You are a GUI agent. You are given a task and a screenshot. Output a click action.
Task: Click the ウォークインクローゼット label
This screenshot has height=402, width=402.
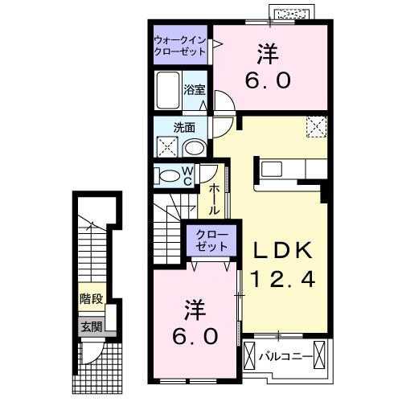coord(180,45)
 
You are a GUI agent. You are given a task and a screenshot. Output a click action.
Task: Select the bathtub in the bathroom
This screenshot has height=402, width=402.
coord(169,90)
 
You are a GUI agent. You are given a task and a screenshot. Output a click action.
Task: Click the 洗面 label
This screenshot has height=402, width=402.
coord(184,127)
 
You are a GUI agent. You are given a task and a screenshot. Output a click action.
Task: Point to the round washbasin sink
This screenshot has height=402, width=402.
coord(193,147)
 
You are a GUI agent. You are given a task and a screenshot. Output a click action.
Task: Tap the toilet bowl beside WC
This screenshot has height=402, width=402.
coord(167,176)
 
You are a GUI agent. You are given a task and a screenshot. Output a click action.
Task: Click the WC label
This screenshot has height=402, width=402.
coord(187,176)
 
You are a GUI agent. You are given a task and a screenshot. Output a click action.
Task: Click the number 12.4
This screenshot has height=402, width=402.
coord(277,279)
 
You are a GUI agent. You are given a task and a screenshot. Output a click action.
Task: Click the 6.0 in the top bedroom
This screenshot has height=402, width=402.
coord(269,80)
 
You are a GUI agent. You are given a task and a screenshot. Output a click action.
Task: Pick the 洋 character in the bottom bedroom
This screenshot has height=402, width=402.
coord(194,307)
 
